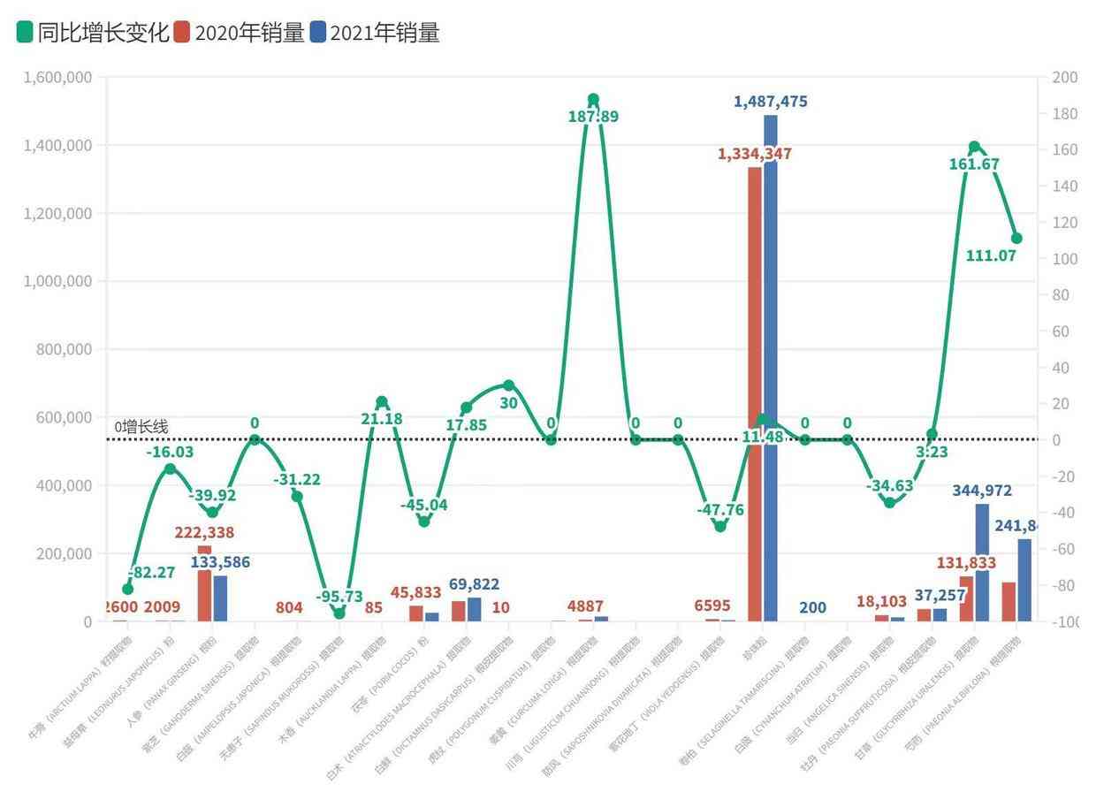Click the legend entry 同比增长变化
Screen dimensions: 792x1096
tap(93, 34)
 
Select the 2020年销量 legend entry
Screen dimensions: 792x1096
tap(240, 34)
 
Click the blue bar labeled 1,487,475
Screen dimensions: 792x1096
tap(771, 367)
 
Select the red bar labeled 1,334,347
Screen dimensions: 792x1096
tap(755, 393)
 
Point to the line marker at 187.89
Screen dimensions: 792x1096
tap(593, 100)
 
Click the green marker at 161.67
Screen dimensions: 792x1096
tap(974, 147)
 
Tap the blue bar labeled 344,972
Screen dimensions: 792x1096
tap(982, 562)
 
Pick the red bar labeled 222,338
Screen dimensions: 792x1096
tap(204, 583)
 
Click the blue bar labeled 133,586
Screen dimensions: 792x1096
tap(220, 598)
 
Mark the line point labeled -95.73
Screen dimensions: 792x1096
tap(339, 613)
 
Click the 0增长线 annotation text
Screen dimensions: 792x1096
tap(141, 427)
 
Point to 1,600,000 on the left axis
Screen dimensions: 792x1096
tap(55, 78)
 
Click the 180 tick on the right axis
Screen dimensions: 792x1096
tap(1064, 114)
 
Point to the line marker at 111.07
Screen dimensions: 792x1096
tap(1016, 238)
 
